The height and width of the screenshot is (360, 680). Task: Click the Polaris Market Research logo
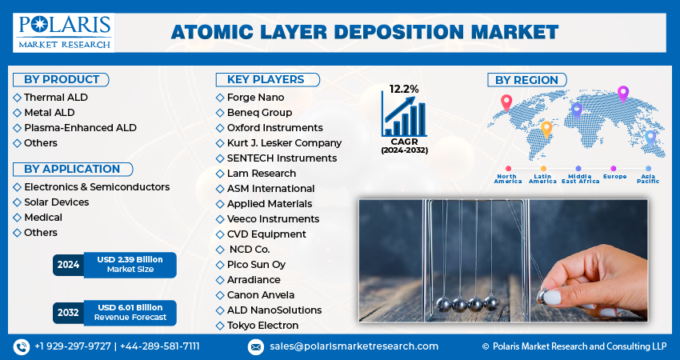coord(63,32)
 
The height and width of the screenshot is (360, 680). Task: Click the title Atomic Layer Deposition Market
coord(364,32)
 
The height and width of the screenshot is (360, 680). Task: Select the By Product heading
coord(62,79)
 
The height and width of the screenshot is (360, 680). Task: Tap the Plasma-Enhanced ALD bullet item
coord(80,127)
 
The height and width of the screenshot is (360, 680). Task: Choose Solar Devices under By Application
coord(56,202)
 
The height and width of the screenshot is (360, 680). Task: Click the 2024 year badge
coord(69,265)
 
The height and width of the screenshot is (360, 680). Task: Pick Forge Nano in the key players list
coord(255,97)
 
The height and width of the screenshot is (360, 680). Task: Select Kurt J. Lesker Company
coord(284,142)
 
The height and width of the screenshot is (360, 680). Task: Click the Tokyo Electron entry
coord(262,325)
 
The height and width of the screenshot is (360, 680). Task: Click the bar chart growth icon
coord(404,115)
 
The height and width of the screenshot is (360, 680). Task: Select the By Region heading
coord(526,79)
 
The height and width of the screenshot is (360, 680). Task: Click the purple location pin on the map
coord(623,93)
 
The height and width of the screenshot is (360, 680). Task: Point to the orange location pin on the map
coord(546,127)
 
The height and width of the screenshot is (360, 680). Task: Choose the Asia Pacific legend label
coord(647,178)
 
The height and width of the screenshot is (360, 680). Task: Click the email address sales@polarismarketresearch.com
coord(353,346)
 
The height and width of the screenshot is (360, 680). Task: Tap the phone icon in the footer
coord(21,346)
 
